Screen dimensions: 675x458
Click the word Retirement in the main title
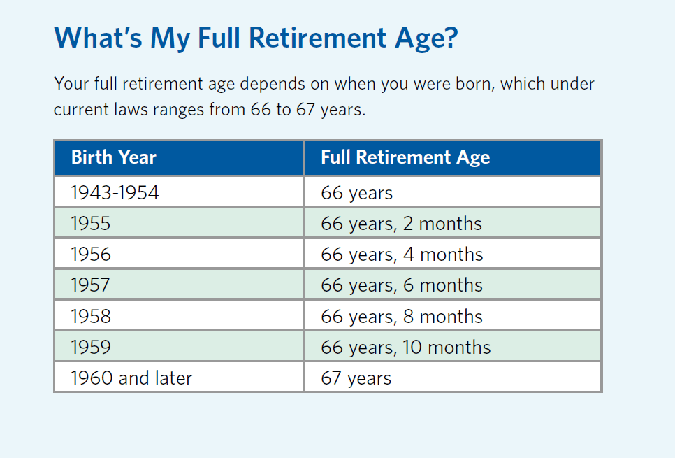coord(317,38)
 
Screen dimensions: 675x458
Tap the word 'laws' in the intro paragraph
coord(129,110)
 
